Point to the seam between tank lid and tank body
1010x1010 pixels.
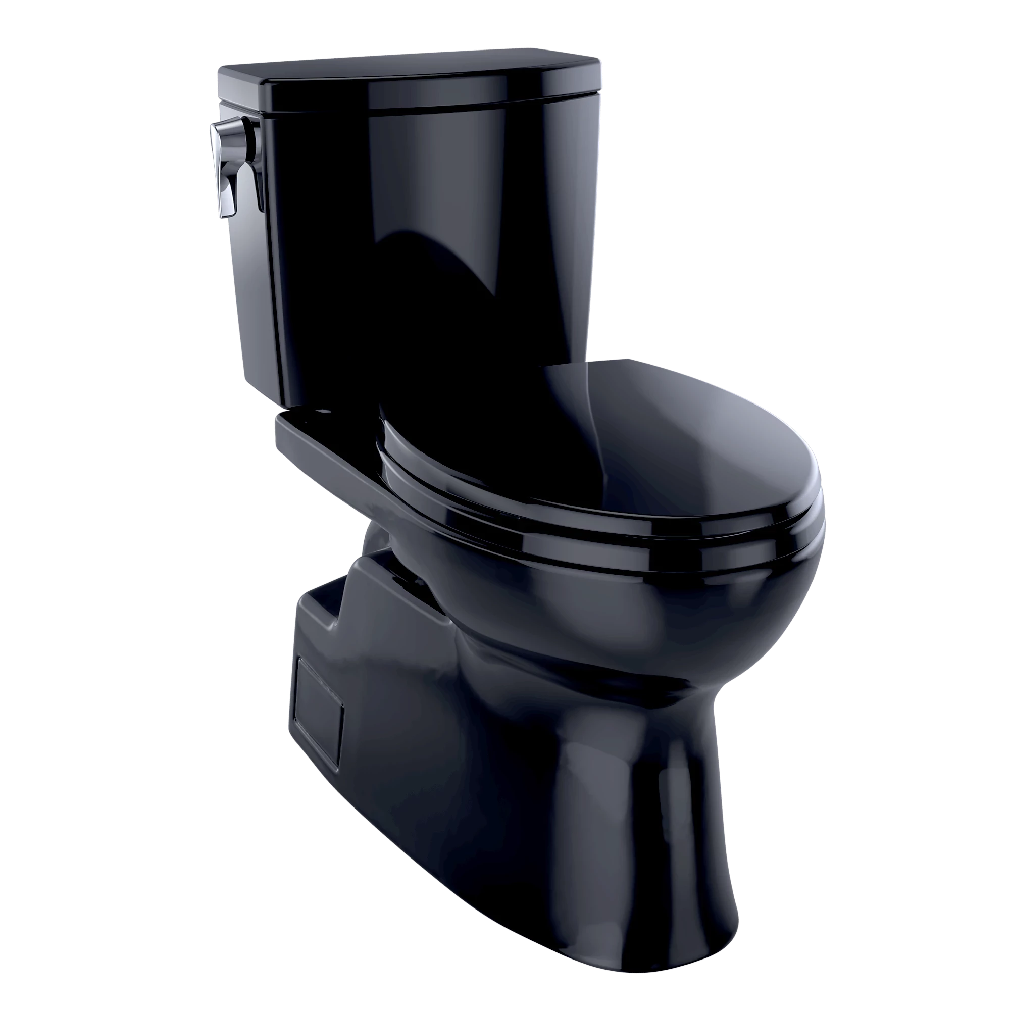point(418,107)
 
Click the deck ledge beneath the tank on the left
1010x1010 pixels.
point(314,439)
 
